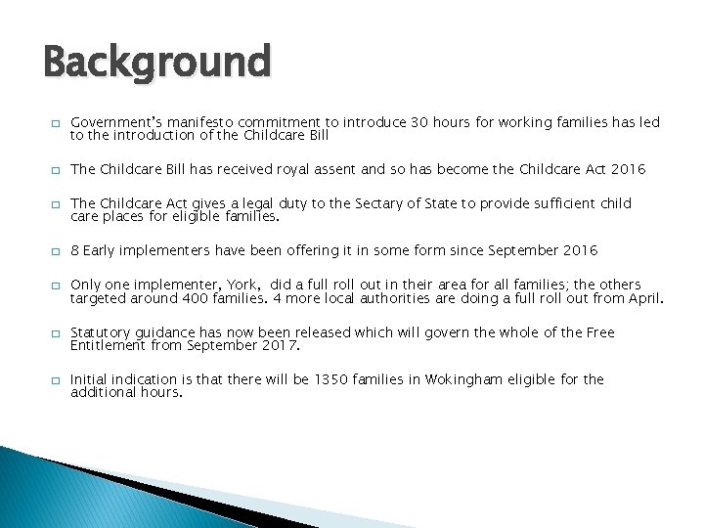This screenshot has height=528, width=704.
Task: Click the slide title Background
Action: click(x=156, y=64)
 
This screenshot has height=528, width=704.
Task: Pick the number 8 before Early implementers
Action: click(x=75, y=250)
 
